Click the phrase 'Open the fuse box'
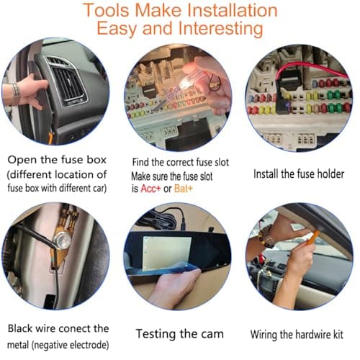click(x=55, y=160)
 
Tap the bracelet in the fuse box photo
click(x=14, y=92)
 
